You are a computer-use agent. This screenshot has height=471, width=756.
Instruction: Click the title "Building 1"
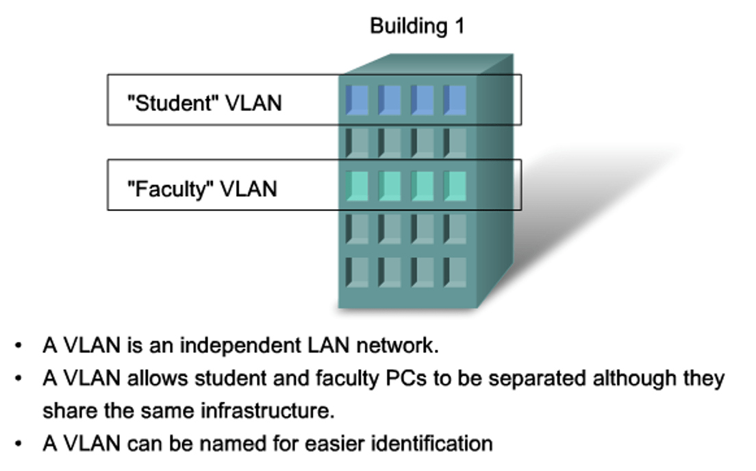(x=416, y=26)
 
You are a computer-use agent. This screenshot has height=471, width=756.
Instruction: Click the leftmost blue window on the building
(x=357, y=100)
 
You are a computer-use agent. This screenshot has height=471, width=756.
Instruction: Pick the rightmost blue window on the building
(x=455, y=100)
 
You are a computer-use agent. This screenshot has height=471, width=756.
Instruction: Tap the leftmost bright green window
(x=357, y=185)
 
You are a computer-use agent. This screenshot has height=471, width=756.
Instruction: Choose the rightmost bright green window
(x=455, y=185)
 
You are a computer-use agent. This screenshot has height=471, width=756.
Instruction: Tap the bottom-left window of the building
(x=357, y=271)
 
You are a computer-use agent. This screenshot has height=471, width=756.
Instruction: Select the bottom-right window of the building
(x=455, y=271)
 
